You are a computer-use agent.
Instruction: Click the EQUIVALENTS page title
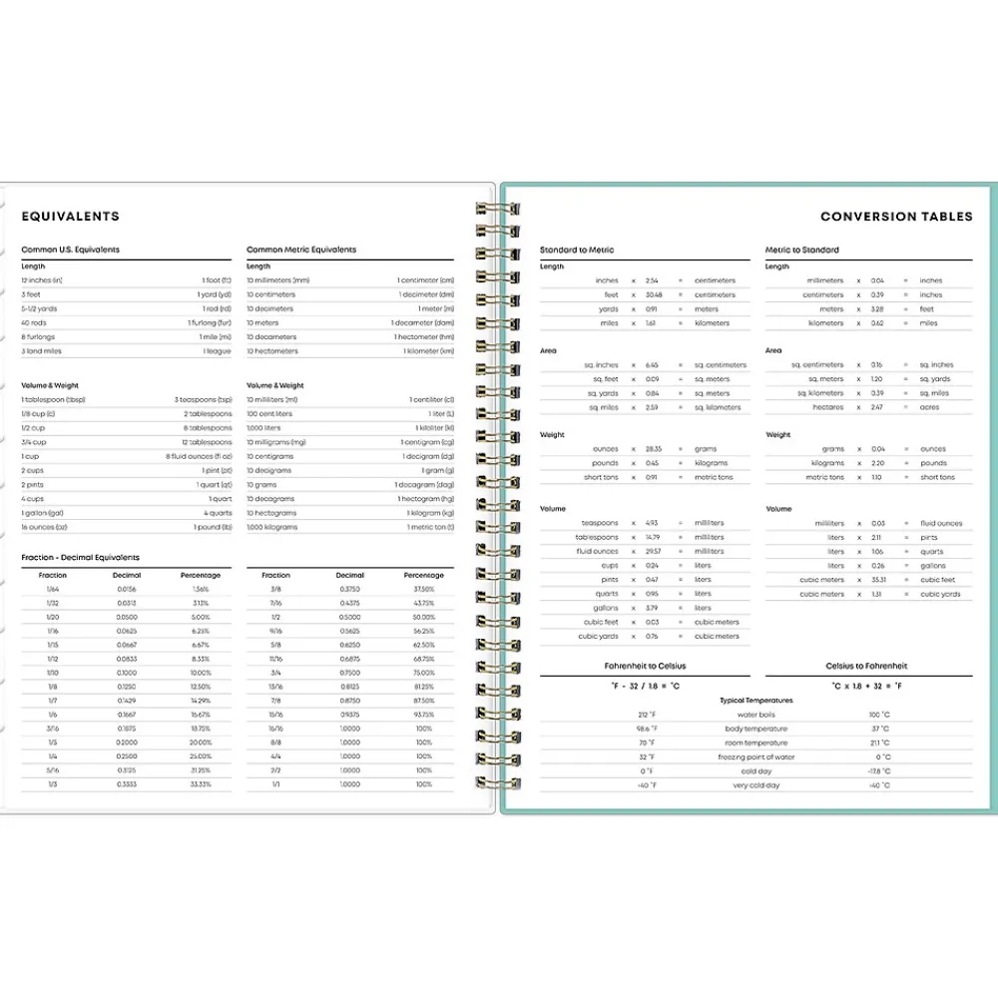pos(70,217)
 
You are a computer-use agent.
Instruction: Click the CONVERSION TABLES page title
pos(896,217)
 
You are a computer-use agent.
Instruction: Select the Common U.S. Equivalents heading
pos(70,249)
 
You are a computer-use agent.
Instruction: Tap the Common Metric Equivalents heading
pos(301,249)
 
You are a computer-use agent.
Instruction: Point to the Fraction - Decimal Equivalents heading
pos(81,557)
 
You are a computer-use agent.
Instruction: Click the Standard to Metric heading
pos(577,249)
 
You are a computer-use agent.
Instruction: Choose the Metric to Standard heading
pos(802,249)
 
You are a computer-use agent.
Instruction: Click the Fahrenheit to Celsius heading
pos(645,666)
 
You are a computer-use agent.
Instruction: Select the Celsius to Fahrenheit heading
pos(866,666)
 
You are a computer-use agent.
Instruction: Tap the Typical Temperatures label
pos(756,701)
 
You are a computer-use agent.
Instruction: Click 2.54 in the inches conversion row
pos(652,280)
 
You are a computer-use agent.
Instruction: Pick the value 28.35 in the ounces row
pos(653,449)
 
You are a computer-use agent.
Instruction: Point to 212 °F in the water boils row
pos(647,715)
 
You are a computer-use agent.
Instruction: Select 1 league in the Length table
pos(217,351)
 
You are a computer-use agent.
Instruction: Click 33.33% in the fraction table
pos(201,785)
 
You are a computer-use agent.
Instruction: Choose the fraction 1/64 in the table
pos(53,590)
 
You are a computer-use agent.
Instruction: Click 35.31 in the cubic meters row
pos(878,580)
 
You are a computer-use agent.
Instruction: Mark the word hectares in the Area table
pos(828,407)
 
